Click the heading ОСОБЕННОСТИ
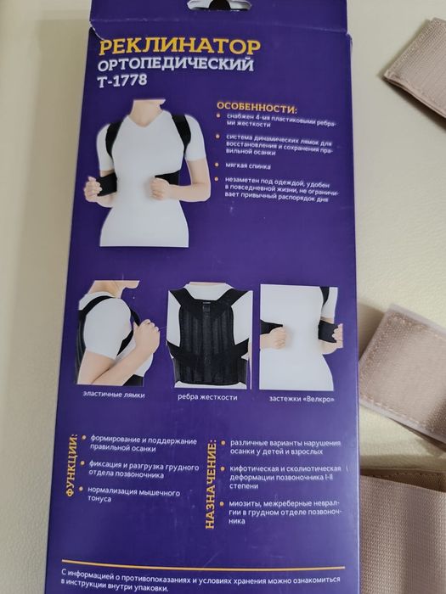(x=257, y=110)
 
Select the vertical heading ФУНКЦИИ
(x=75, y=468)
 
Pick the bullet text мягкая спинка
(x=247, y=168)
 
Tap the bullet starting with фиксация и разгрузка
(x=144, y=468)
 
